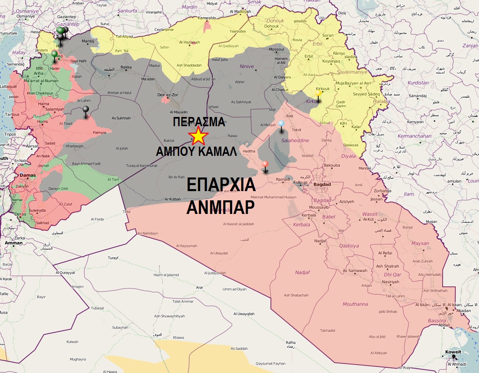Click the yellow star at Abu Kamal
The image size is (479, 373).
pos(198,136)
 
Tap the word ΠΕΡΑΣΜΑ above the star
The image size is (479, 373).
pos(199,122)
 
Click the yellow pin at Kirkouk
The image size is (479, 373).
pos(318,93)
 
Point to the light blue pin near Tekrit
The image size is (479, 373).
pos(281,124)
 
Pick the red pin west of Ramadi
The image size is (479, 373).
pos(265,164)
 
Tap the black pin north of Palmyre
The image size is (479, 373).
pos(86,109)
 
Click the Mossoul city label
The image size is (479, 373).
pos(276,50)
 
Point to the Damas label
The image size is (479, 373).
pos(28,175)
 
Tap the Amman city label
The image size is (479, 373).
pos(14,243)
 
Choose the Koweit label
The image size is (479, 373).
pos(453,352)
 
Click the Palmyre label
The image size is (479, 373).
pos(100,132)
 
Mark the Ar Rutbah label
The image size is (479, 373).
pos(172,199)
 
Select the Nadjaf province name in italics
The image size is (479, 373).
pos(302,272)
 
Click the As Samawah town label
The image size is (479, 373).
pos(355,271)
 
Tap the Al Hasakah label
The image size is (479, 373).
pos(189,42)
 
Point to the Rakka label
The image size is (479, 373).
pos(126,67)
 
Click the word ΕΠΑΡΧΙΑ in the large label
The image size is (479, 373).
pos(221,185)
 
